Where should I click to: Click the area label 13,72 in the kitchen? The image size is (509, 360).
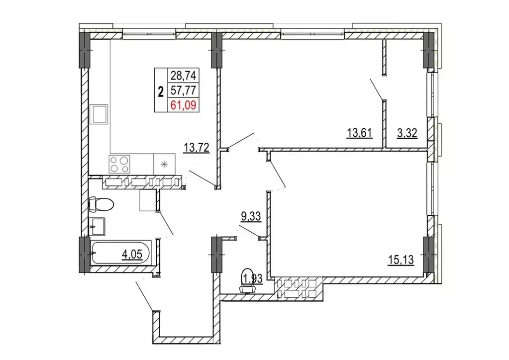click(x=196, y=147)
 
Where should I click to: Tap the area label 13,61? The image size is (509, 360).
click(x=359, y=133)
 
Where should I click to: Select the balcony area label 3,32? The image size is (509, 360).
click(x=407, y=133)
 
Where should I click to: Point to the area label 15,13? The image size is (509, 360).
click(x=401, y=260)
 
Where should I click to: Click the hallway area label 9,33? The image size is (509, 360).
click(x=251, y=216)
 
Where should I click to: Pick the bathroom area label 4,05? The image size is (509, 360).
click(x=132, y=255)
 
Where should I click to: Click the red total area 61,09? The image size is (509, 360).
click(x=184, y=105)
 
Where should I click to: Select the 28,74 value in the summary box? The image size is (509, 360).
click(x=184, y=76)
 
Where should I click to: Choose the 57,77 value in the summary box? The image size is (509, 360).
click(x=184, y=90)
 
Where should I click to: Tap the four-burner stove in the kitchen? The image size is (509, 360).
click(x=119, y=164)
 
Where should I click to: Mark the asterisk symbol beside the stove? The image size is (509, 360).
click(x=164, y=165)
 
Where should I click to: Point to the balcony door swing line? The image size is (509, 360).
click(x=377, y=89)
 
